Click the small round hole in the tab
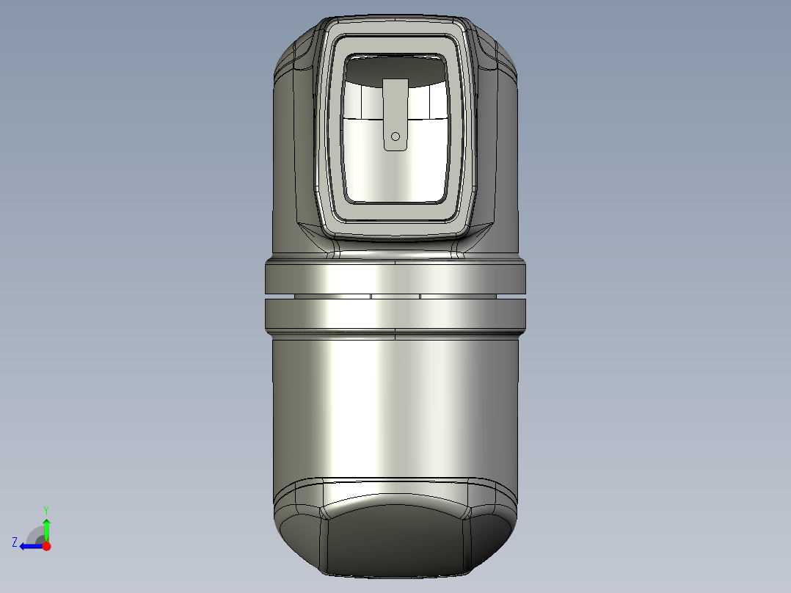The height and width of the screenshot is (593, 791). tap(395, 136)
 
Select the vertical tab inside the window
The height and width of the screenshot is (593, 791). tap(395, 110)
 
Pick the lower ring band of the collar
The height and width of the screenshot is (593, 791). tap(395, 313)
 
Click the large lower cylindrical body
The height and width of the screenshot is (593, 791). tap(395, 404)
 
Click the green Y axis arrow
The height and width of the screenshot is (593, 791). tap(46, 527)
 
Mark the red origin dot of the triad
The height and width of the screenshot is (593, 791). tap(46, 546)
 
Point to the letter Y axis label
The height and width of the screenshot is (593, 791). tap(46, 509)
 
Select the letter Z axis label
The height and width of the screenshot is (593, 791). tap(15, 542)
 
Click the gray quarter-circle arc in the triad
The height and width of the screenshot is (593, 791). tap(34, 534)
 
